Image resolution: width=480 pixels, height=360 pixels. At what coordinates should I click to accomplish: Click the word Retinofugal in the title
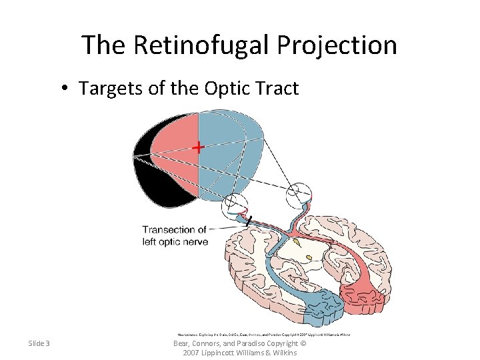pyautogui.click(x=199, y=45)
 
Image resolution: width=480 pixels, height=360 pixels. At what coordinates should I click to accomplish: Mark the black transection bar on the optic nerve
pyautogui.click(x=247, y=220)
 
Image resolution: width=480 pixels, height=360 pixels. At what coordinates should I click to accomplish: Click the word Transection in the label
pyautogui.click(x=170, y=230)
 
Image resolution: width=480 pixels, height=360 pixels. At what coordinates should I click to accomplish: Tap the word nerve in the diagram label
pyautogui.click(x=194, y=241)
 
